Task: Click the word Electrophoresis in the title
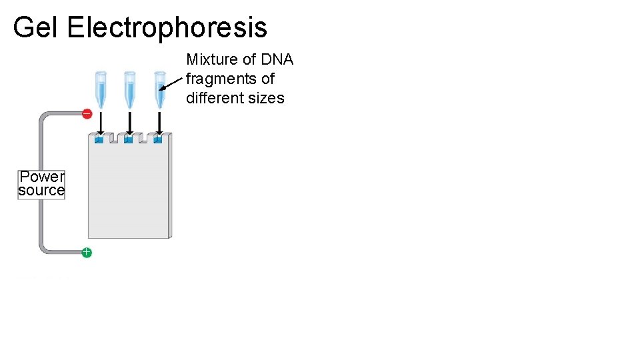(167, 28)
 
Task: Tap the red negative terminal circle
(87, 114)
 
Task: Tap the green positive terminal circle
(87, 252)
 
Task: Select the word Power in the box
(42, 177)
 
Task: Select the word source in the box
(41, 191)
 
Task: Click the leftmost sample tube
(100, 89)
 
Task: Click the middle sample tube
(129, 89)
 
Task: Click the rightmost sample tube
(159, 89)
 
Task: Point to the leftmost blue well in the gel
(99, 139)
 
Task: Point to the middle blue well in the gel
(128, 139)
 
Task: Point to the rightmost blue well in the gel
(158, 139)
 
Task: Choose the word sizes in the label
(267, 99)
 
